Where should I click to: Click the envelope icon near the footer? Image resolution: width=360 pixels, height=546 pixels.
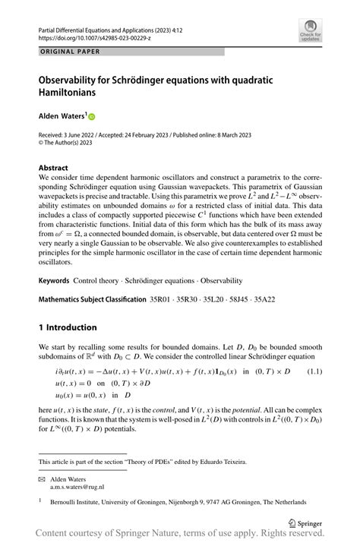pyautogui.click(x=43, y=480)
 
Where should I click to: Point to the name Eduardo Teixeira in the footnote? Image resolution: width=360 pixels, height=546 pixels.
pyautogui.click(x=226, y=461)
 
